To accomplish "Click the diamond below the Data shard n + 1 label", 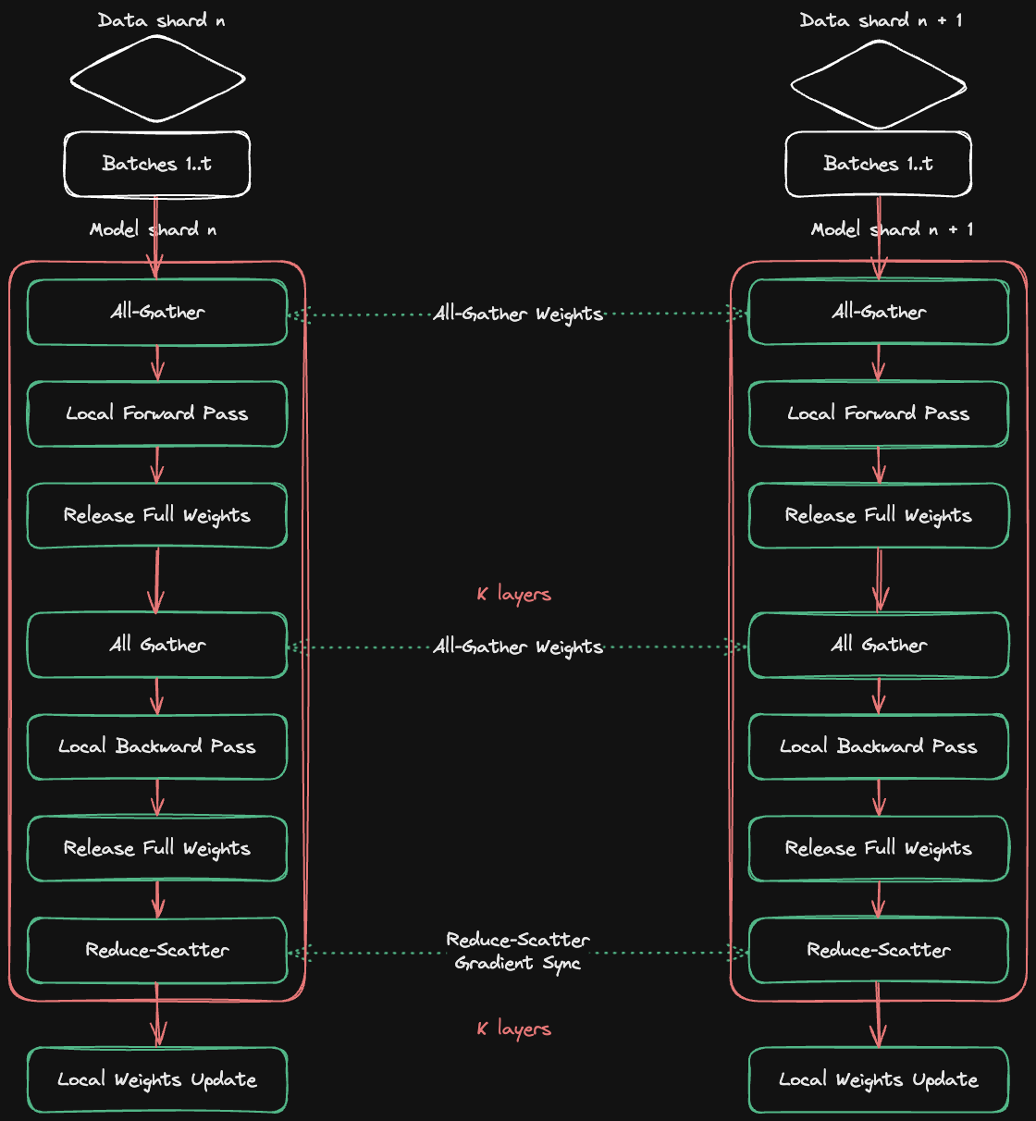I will (879, 86).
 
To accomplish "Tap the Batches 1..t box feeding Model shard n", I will (157, 165).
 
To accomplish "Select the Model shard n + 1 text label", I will (892, 229).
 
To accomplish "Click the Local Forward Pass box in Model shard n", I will (157, 413).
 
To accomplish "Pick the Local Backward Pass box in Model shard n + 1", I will (879, 746).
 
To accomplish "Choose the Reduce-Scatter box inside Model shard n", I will (157, 950).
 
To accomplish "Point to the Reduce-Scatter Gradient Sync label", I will (518, 951).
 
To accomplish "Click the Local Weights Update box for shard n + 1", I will (879, 1079).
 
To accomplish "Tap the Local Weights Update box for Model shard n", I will (157, 1079).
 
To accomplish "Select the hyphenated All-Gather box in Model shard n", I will (157, 312).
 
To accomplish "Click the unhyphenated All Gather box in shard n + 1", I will (879, 645).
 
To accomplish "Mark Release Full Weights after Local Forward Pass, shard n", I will (157, 515).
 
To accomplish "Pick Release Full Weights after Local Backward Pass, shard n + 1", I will (879, 848).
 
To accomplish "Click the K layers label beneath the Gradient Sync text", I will (514, 1029).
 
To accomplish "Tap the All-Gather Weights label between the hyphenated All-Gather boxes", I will (518, 314).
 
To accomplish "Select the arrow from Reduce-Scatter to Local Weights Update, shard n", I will (157, 1015).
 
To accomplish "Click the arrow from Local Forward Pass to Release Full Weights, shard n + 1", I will (879, 464).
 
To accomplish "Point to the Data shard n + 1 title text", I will (881, 20).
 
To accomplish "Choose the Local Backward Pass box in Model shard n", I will (157, 746).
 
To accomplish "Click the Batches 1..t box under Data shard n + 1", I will (879, 165).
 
